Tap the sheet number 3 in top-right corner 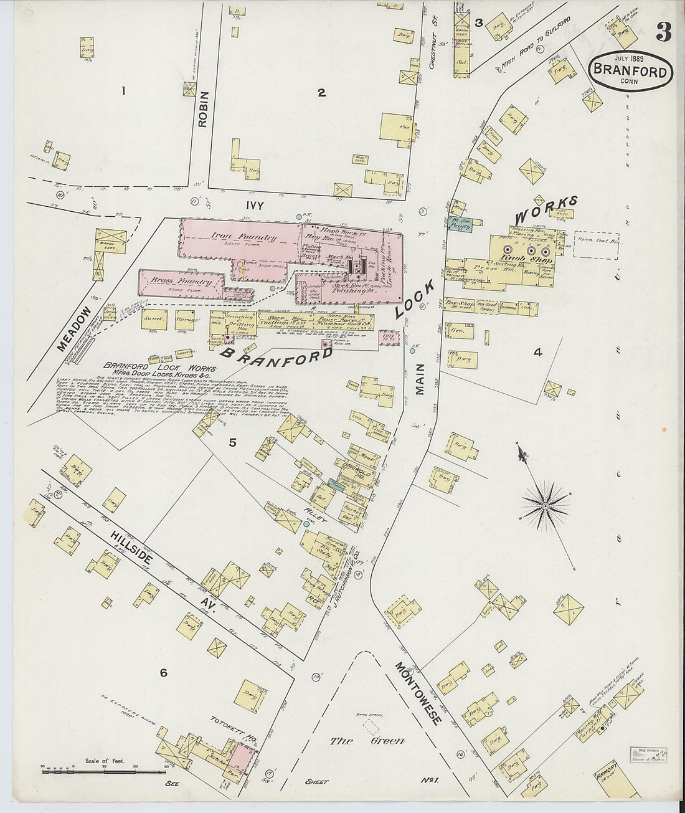click(x=663, y=32)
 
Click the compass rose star click(x=546, y=506)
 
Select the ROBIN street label click(x=202, y=110)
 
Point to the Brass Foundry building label click(x=179, y=282)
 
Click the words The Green click(x=367, y=741)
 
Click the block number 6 click(x=163, y=673)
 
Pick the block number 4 click(x=537, y=352)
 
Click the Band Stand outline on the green click(x=372, y=725)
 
